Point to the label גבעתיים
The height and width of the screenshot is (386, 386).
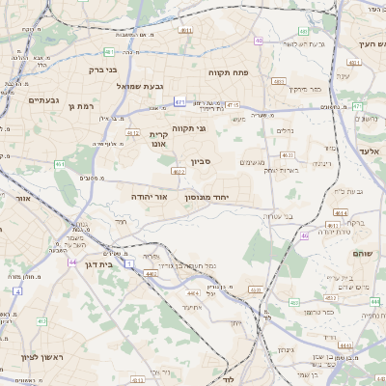[x=44, y=99]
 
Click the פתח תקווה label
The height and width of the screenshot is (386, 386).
[x=255, y=72]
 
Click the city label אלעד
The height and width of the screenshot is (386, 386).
[x=371, y=152]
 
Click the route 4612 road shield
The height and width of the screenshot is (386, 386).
[x=132, y=133]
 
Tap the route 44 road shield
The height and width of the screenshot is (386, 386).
[x=72, y=261]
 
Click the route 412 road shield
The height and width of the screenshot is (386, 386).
[x=41, y=320]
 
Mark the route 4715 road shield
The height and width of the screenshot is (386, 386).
[x=233, y=105]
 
